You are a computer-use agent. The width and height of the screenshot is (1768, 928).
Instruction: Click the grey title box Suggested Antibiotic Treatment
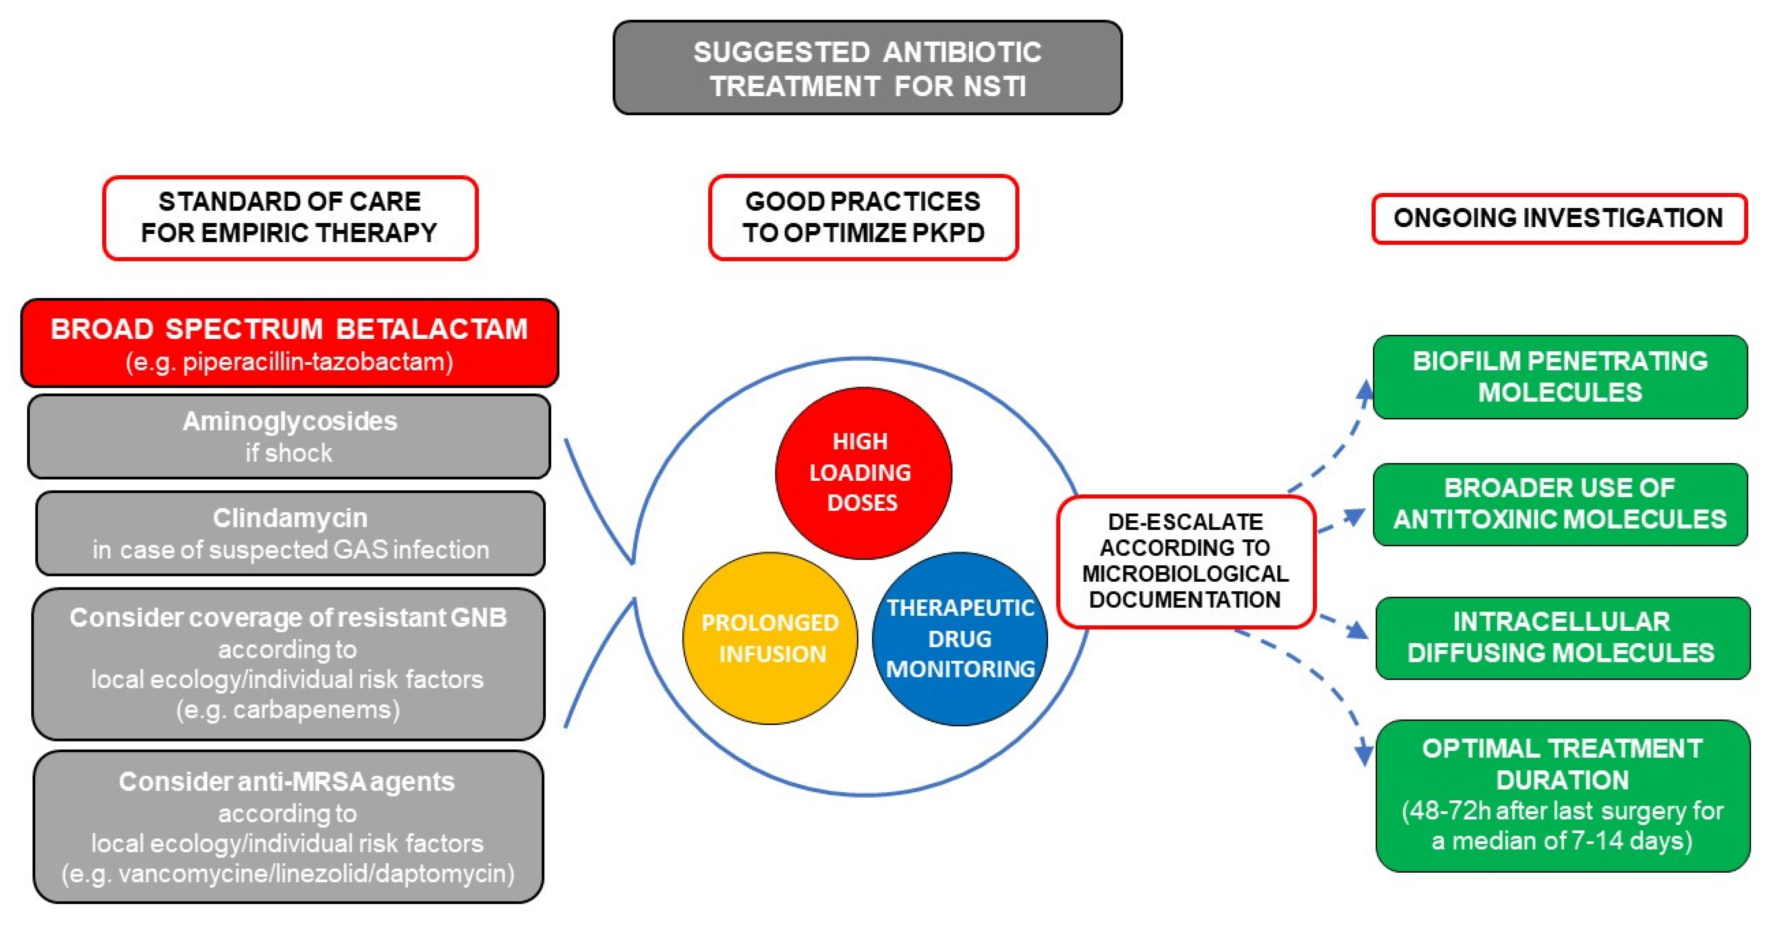tap(867, 68)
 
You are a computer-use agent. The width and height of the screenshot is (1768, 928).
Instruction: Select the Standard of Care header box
tap(290, 217)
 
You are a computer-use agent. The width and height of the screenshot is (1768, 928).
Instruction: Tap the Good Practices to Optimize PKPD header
tap(863, 217)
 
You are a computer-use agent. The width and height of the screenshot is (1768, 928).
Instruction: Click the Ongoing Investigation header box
tap(1558, 218)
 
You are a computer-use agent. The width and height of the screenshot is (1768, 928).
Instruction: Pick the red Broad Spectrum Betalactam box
tap(290, 343)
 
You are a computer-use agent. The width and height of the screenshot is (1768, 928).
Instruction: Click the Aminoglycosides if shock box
tap(289, 436)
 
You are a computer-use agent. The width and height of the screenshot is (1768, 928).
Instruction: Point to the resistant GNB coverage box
tap(288, 663)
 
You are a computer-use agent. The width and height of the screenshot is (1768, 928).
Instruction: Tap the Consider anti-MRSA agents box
tap(288, 826)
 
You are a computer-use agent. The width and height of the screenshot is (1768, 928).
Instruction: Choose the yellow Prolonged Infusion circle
tap(770, 638)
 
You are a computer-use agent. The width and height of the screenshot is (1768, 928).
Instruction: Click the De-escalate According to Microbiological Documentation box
tap(1185, 561)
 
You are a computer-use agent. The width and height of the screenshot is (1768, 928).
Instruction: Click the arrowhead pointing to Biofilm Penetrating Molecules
tap(1364, 391)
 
